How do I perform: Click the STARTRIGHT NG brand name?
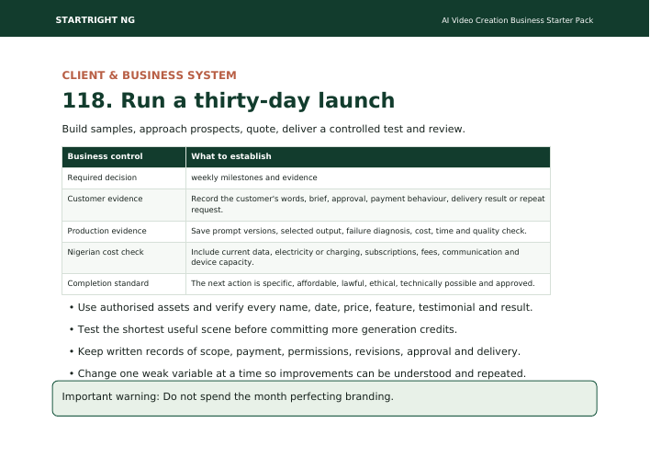[95, 20]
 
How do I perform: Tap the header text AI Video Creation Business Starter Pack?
[518, 20]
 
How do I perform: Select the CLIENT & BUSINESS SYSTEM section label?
[150, 75]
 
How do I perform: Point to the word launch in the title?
[356, 100]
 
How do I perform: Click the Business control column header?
[105, 156]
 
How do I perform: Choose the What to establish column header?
[231, 156]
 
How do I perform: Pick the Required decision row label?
[102, 177]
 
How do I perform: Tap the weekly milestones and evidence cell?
[254, 177]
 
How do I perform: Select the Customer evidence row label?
[105, 199]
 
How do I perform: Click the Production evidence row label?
[106, 231]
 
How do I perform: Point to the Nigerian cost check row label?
[106, 252]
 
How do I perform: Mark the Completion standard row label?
[107, 283]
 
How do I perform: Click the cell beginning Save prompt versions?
[359, 231]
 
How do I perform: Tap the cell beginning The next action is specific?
[363, 283]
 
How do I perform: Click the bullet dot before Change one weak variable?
[72, 373]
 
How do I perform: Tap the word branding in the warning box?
[369, 397]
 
